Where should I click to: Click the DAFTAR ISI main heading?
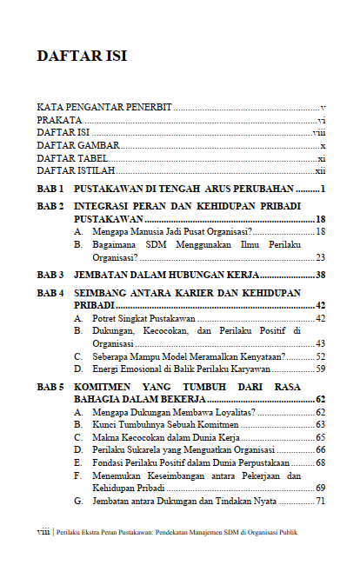tap(82, 57)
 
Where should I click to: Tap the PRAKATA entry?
tap(59, 120)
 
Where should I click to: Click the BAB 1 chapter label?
tap(50, 189)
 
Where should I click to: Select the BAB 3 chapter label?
tap(50, 275)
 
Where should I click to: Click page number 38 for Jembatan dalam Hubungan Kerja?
tap(320, 275)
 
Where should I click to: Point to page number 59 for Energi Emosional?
tap(320, 369)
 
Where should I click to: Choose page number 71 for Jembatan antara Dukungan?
tap(320, 502)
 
